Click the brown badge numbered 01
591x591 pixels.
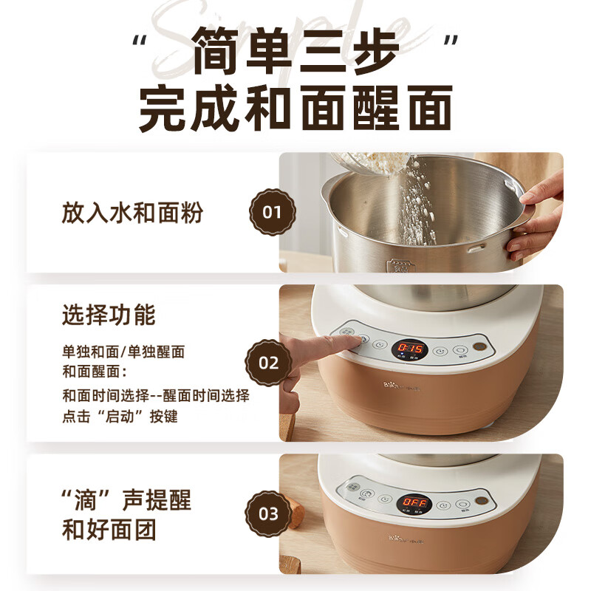point(273,212)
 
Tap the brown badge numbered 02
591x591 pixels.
point(270,363)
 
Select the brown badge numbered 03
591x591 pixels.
point(270,513)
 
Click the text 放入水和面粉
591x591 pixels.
point(132,213)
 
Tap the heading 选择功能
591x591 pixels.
point(109,315)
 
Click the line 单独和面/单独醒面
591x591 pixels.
point(123,352)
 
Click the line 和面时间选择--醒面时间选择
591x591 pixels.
point(155,395)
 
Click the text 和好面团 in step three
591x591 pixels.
point(109,530)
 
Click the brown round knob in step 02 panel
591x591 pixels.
point(482,347)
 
